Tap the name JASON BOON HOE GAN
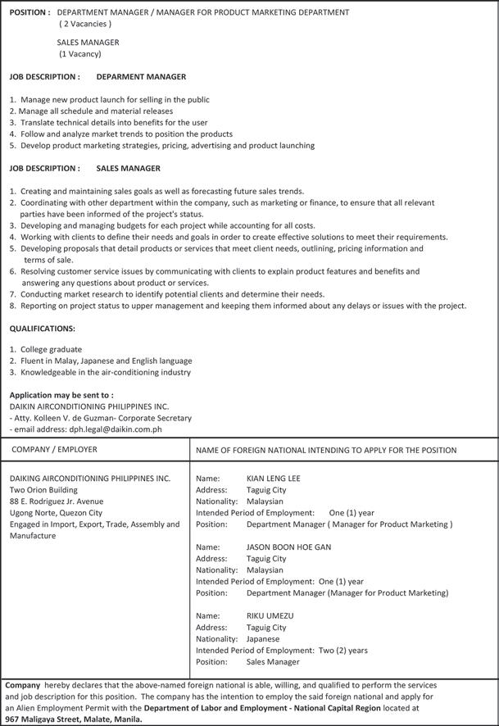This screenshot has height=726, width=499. point(288,547)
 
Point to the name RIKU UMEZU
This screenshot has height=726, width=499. point(270,615)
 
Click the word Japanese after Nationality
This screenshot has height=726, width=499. point(262,638)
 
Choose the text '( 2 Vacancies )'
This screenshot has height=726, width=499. point(85,25)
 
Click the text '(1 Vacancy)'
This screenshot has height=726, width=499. point(80,54)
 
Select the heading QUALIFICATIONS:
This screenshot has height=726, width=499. point(42,328)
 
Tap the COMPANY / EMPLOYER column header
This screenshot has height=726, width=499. point(54,449)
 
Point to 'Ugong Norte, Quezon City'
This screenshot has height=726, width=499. point(56,512)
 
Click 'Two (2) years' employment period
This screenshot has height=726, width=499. point(342,650)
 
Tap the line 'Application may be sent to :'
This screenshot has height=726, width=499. point(61,394)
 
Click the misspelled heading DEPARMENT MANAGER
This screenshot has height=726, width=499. point(141,76)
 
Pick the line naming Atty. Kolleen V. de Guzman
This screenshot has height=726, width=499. point(100,417)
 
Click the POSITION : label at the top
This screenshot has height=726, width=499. point(30,12)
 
